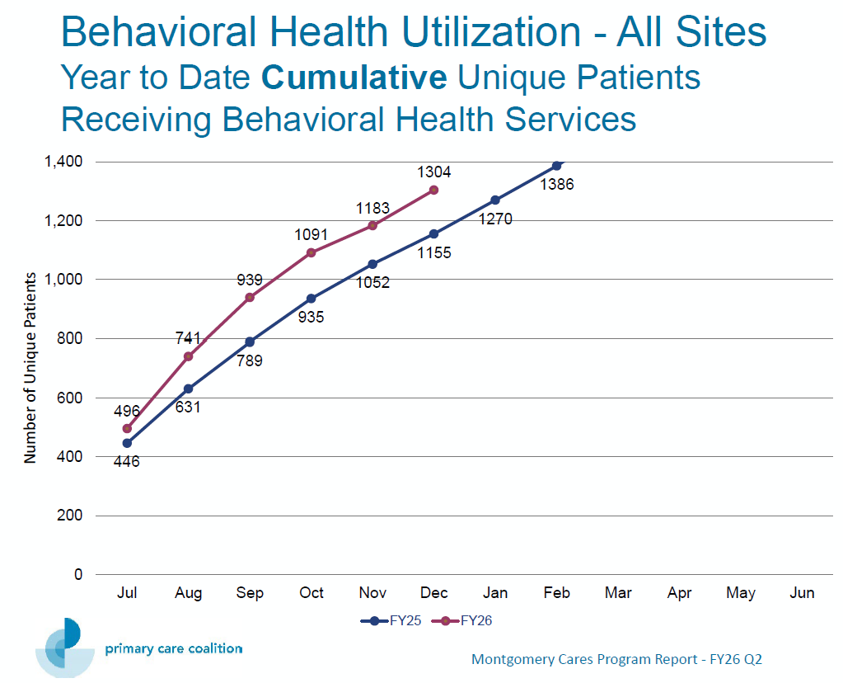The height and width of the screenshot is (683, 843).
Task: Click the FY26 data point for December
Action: click(x=434, y=190)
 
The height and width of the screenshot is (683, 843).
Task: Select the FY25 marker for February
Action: click(x=556, y=166)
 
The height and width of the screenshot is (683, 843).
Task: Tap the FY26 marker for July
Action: click(x=127, y=428)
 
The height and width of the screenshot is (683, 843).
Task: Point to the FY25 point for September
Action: click(x=250, y=341)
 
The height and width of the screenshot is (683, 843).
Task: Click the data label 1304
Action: click(x=434, y=172)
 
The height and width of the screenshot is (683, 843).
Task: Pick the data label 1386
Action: click(x=556, y=185)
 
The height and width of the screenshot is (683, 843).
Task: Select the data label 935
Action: click(x=311, y=317)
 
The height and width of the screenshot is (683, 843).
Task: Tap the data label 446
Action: click(x=127, y=462)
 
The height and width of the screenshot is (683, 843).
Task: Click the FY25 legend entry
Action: click(x=391, y=620)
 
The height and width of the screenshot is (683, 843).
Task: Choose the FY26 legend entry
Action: click(x=461, y=620)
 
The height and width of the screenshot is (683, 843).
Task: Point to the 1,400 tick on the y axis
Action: click(x=63, y=162)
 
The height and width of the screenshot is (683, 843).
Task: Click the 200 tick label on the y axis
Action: click(x=70, y=515)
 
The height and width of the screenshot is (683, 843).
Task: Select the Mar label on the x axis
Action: click(x=618, y=592)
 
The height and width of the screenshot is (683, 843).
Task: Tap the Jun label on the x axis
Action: click(x=802, y=592)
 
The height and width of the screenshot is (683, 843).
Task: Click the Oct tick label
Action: click(x=311, y=592)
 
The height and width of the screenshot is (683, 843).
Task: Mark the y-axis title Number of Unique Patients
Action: click(x=30, y=368)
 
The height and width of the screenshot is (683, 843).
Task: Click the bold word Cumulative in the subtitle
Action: click(x=354, y=77)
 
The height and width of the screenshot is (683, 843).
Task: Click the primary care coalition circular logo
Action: click(x=64, y=648)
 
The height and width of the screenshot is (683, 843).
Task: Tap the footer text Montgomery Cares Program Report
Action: click(x=584, y=659)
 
